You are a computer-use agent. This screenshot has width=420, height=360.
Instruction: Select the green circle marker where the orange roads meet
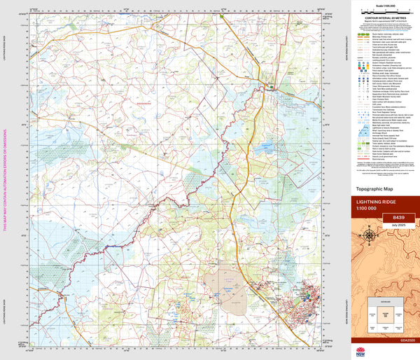(x=272, y=86)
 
